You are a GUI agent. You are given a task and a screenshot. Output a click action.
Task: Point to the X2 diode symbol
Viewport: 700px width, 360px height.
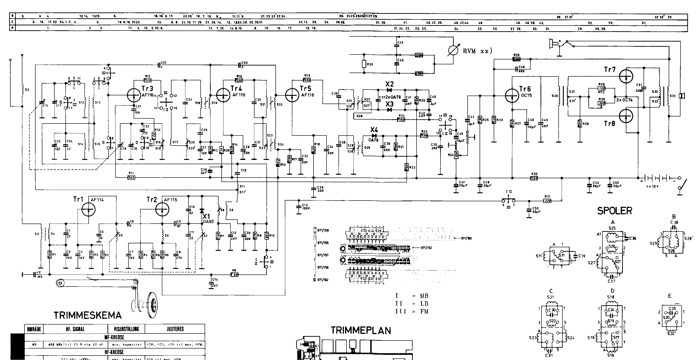[389, 90]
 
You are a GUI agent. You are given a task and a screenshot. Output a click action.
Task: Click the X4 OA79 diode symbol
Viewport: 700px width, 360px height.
[374, 135]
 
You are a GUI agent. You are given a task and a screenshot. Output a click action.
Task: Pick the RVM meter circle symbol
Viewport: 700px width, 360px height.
[453, 50]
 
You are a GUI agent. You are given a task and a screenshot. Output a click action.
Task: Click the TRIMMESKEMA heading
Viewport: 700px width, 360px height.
[87, 315]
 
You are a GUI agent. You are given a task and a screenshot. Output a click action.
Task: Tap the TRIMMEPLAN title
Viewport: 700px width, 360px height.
[361, 330]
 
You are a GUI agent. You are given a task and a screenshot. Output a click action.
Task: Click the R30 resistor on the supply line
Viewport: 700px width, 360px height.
[534, 178]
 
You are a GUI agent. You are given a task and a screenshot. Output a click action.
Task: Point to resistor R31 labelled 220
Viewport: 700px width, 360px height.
[547, 201]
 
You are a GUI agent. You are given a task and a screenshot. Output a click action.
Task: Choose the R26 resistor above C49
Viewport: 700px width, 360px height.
[517, 59]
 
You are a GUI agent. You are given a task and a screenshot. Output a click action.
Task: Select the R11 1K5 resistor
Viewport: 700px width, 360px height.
[131, 178]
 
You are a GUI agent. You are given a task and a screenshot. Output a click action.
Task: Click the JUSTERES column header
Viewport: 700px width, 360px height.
[175, 329]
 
